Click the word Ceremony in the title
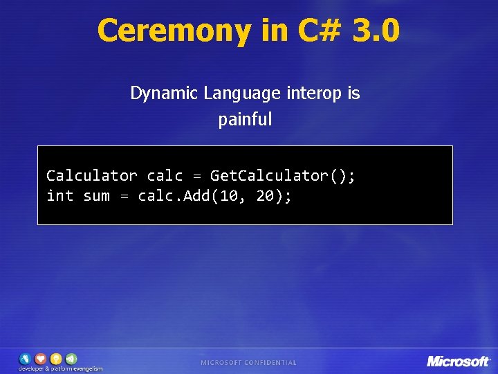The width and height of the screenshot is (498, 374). [x=174, y=31]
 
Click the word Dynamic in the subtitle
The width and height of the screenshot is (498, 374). [x=163, y=93]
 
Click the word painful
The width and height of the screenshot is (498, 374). [x=246, y=120]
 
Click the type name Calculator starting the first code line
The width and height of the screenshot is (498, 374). [x=91, y=176]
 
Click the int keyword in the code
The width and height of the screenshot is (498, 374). [x=59, y=197]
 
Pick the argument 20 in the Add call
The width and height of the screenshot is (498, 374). [x=266, y=197]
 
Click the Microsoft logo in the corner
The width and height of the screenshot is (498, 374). [x=458, y=361]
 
